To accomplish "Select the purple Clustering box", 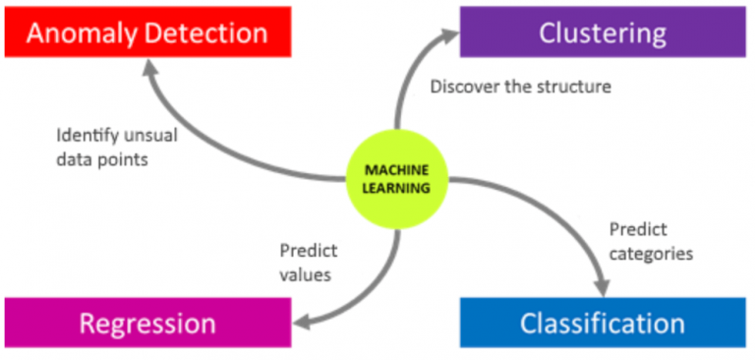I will (x=602, y=32).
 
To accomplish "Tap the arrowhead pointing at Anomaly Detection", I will (x=152, y=67).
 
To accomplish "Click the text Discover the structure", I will (x=520, y=87).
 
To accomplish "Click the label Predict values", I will (x=306, y=263).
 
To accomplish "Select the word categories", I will (x=651, y=254).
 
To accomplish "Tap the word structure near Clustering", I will (x=575, y=87).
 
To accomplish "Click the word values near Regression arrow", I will (x=305, y=274).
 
